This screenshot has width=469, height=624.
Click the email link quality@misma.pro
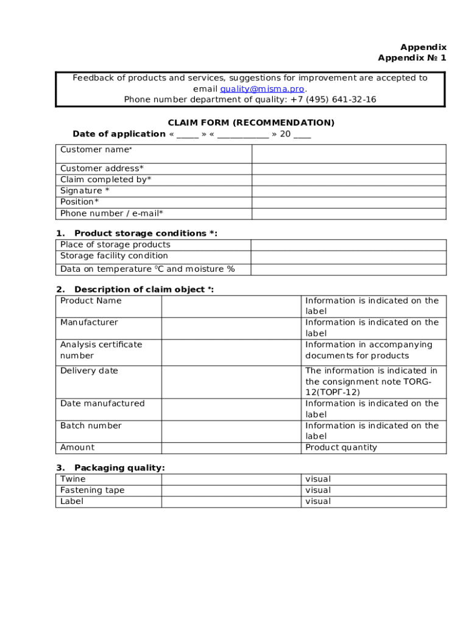(262, 89)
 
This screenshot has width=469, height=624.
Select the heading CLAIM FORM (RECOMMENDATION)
(251, 122)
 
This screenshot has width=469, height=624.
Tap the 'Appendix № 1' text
(412, 58)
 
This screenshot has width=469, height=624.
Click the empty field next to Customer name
(348, 154)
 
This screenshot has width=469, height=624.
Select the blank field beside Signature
(348, 191)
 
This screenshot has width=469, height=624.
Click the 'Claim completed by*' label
(105, 180)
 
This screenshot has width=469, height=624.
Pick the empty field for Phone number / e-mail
(348, 213)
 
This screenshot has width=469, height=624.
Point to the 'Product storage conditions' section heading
(145, 233)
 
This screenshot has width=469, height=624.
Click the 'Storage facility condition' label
(114, 256)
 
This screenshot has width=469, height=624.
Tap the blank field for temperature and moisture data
(348, 269)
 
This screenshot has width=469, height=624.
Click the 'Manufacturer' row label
(89, 322)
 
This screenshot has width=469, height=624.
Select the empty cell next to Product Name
(231, 306)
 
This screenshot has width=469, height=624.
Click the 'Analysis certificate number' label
(101, 350)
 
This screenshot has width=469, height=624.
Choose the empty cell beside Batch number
(231, 431)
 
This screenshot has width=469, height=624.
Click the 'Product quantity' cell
(341, 448)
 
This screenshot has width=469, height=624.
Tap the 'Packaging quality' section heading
(119, 468)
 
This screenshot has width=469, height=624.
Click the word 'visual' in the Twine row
(318, 480)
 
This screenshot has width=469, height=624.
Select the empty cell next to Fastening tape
(231, 491)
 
